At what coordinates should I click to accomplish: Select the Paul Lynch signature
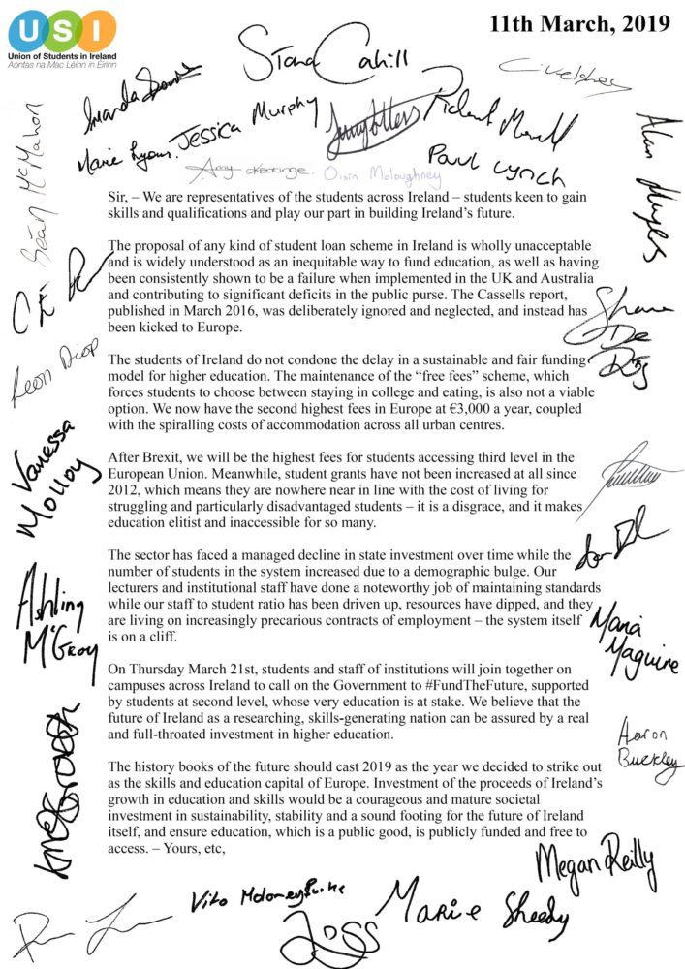[494, 164]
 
